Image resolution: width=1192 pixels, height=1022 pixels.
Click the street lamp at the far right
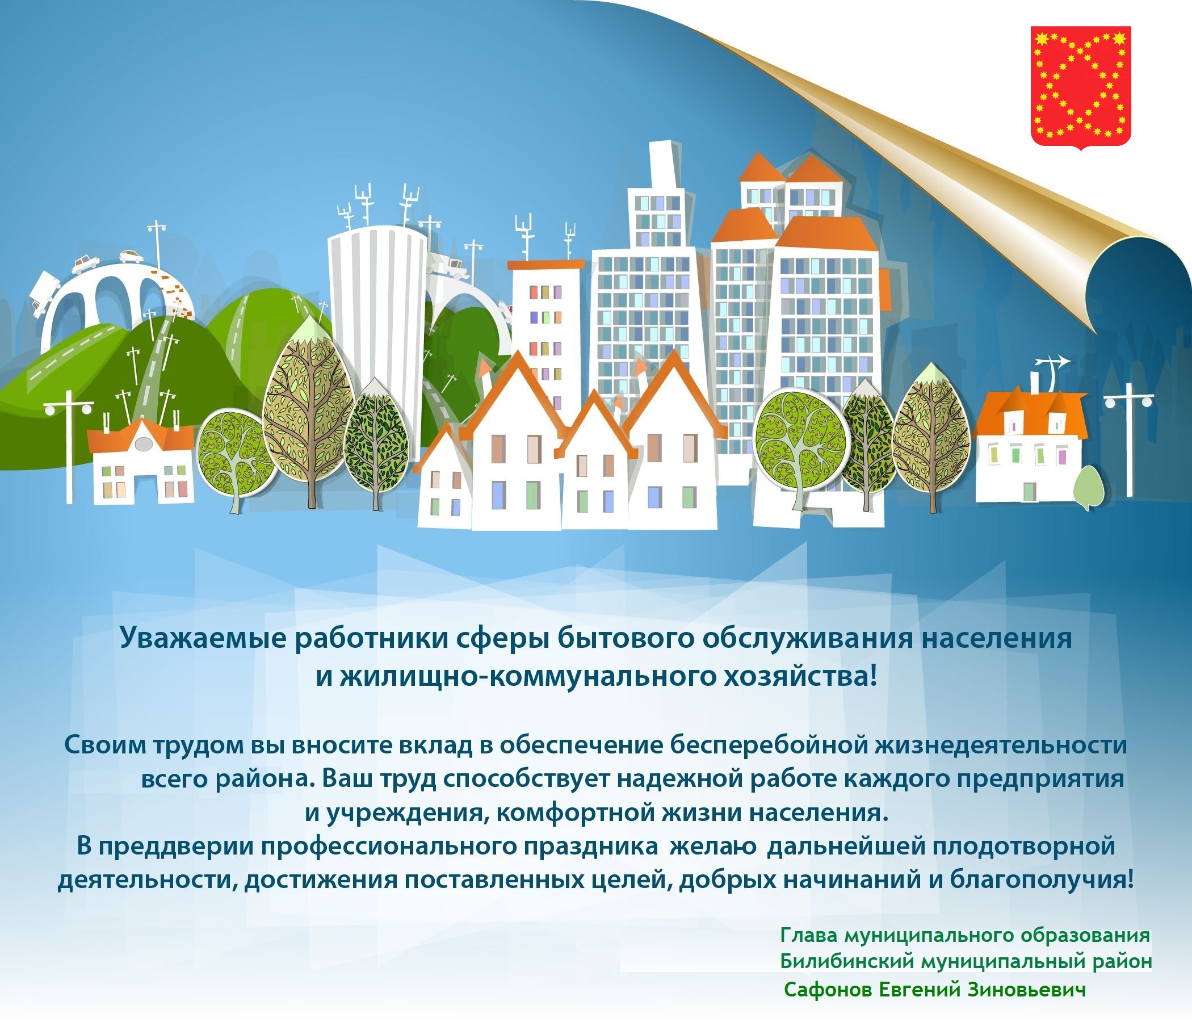1130,439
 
